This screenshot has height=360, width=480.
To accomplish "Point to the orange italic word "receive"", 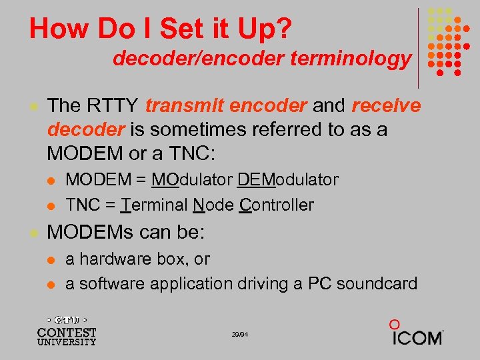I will [387, 105].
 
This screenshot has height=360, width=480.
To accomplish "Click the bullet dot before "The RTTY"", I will [33, 106].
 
